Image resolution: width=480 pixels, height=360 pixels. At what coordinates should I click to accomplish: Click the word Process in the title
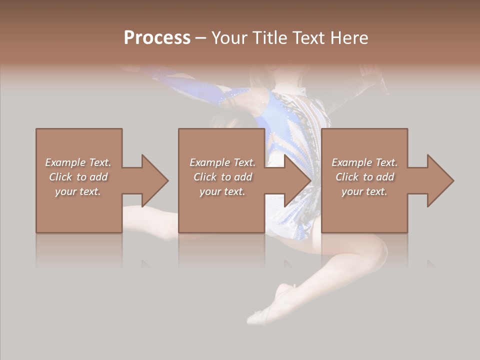157,38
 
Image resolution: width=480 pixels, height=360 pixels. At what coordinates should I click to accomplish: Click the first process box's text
78,177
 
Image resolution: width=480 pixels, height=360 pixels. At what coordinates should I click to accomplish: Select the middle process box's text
222,177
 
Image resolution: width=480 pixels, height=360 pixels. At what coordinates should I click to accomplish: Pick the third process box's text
364,177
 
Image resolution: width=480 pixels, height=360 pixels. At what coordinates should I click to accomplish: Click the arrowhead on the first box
155,180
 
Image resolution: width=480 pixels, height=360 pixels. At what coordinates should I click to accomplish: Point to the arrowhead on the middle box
298,180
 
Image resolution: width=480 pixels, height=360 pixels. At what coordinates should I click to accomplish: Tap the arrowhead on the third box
440,180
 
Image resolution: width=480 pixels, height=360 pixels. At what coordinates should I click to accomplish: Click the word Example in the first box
65,162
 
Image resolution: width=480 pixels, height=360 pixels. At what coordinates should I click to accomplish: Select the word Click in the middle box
203,177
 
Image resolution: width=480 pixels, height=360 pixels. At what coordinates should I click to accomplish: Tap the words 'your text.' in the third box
364,191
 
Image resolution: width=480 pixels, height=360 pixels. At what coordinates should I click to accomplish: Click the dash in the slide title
200,38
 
